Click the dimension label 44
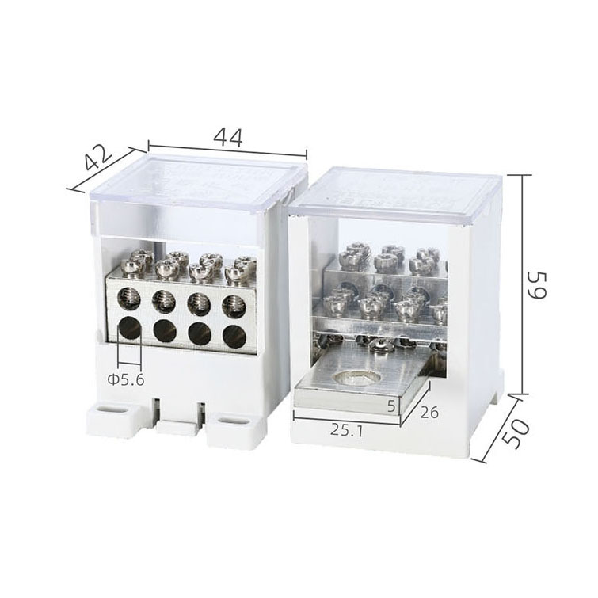coord(227,138)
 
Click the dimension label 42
coord(98,158)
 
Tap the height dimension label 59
coord(536,285)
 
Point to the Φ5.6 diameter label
coord(126,380)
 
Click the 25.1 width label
coord(347,430)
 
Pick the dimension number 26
coord(429,413)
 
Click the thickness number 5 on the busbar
coord(391,406)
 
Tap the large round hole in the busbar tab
coord(356,378)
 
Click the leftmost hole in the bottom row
coord(130,328)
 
